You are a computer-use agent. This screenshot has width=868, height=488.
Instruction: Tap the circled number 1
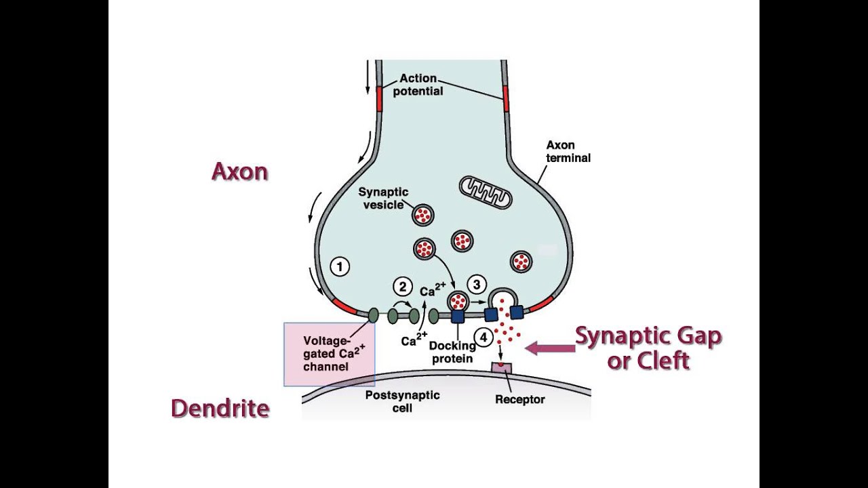coord(339,266)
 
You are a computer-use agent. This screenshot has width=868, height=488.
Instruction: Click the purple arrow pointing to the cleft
coord(549,348)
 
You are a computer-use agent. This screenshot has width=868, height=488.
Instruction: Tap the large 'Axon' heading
coord(239,171)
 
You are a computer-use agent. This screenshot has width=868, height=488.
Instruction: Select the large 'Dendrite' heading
coord(220,408)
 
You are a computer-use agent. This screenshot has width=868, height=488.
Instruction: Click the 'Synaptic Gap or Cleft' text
coord(648,348)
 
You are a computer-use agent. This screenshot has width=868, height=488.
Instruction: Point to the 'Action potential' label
coord(418,85)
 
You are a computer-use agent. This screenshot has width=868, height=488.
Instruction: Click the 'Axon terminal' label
coord(568,151)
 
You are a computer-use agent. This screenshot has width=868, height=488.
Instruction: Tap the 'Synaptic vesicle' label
coord(383,199)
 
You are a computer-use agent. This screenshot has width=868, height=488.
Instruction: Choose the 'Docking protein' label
coord(452,352)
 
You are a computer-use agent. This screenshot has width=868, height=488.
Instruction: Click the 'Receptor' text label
coord(519,399)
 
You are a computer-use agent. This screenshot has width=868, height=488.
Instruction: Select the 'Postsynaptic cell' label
coord(402,401)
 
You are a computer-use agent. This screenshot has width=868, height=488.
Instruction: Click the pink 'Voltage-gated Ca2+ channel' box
coord(329,354)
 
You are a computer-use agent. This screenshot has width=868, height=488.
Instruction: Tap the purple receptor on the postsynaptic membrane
coord(501,367)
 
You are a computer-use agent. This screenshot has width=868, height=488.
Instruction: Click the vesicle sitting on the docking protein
coord(458,300)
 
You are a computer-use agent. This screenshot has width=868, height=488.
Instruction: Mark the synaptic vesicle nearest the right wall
coord(521,261)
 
